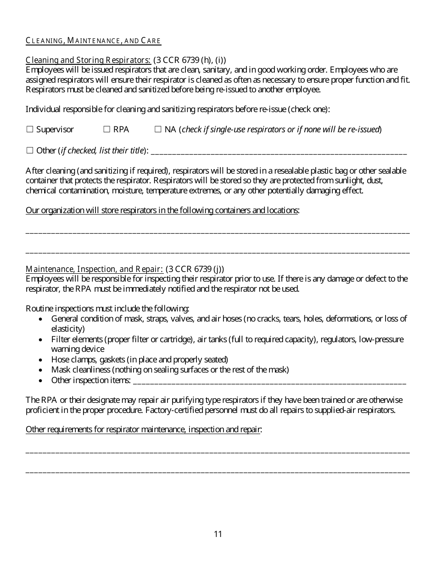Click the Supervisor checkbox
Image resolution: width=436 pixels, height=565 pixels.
tap(30, 130)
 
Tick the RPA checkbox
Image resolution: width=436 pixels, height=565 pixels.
tap(106, 130)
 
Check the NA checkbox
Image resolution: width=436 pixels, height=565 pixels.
tap(158, 130)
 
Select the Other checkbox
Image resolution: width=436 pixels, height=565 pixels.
tap(30, 150)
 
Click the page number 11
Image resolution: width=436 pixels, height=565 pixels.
tap(218, 534)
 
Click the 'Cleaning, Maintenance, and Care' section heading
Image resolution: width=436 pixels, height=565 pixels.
tap(93, 41)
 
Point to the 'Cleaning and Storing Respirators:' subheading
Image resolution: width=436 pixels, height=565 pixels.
tap(88, 60)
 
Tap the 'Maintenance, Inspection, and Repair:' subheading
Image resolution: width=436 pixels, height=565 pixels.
tap(94, 269)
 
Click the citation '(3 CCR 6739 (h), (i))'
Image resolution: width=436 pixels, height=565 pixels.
tap(190, 60)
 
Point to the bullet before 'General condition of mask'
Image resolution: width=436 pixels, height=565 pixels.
tap(42, 319)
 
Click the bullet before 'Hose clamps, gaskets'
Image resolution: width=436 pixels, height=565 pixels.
tap(42, 360)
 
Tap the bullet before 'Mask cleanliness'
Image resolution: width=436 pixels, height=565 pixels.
tap(42, 370)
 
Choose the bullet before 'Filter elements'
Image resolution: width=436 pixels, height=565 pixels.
tap(42, 339)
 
